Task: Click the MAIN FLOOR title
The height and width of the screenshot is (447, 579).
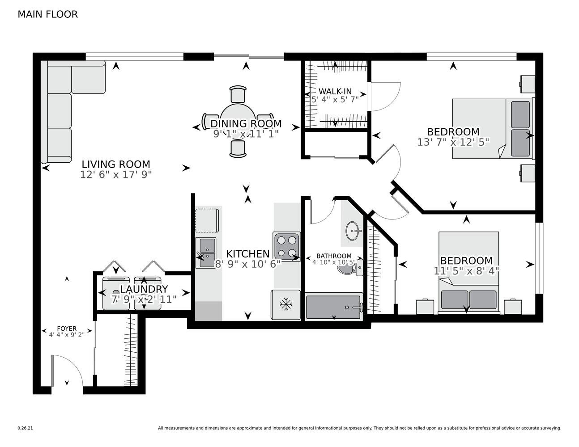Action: (x=48, y=14)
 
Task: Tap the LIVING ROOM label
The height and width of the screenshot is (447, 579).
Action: (x=116, y=164)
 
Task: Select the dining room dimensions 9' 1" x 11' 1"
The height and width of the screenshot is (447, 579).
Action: (x=246, y=134)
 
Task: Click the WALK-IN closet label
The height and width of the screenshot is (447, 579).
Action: (x=335, y=91)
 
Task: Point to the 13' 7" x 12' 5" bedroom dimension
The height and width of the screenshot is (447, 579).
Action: (x=453, y=142)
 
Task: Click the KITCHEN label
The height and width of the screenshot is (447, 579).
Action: (x=248, y=254)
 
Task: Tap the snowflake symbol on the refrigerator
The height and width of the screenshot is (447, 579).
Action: (x=286, y=304)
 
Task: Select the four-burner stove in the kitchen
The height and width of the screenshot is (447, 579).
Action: (x=286, y=246)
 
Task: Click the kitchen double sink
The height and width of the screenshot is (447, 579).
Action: (x=206, y=253)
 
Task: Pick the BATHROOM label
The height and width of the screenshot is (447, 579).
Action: (x=334, y=256)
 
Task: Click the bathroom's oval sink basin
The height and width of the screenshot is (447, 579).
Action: (x=352, y=231)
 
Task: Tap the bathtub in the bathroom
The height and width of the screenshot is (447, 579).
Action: (x=334, y=307)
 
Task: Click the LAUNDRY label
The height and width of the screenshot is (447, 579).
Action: (x=144, y=289)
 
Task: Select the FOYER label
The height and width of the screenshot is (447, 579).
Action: (x=67, y=329)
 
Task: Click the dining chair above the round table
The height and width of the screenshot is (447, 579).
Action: (x=238, y=94)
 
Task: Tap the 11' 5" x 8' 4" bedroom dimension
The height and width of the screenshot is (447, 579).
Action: (x=466, y=271)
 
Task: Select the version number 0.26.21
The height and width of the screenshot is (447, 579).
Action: (x=26, y=428)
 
